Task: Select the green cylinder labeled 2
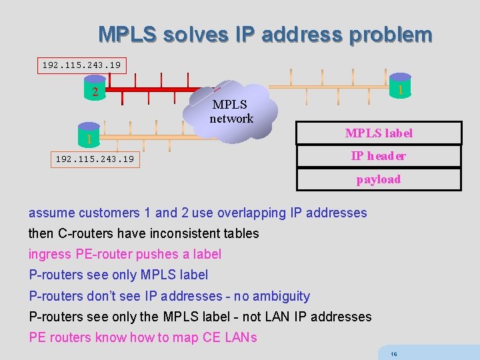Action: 95,93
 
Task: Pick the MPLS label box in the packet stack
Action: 379,133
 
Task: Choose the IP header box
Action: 379,156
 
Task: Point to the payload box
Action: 379,179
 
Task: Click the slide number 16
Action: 394,354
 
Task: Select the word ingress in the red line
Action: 49,254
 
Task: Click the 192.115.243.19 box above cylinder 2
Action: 81,65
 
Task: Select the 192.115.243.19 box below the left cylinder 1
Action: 94,159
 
